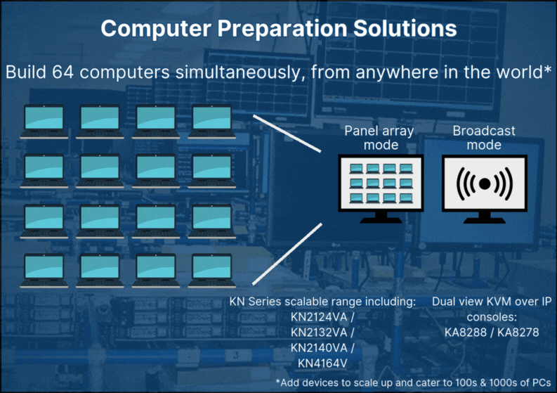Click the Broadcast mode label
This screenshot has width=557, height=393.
(484, 138)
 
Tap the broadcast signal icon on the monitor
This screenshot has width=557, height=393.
(484, 183)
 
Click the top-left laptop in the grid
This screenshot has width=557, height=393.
(44, 120)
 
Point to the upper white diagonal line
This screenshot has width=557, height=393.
(287, 132)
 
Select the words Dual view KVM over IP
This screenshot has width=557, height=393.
(492, 302)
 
